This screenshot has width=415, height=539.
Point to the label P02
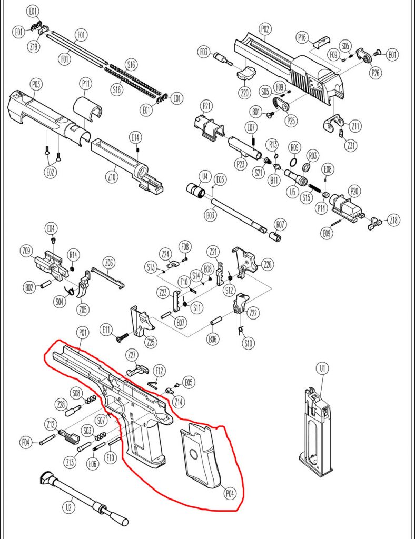[x=264, y=28]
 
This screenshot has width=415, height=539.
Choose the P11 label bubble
[x=86, y=84]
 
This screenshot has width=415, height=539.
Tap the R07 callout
[x=280, y=225]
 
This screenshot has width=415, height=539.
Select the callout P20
[x=354, y=191]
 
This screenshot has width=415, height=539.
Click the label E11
[x=107, y=331]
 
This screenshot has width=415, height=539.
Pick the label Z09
[x=28, y=251]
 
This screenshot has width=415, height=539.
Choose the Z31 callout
[x=350, y=144]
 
